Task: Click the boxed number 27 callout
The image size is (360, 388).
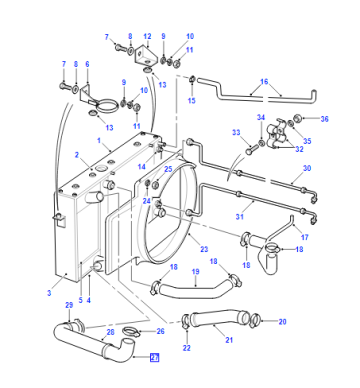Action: point(154,358)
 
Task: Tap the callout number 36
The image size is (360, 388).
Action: point(324,119)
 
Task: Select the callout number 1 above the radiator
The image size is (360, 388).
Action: point(99,141)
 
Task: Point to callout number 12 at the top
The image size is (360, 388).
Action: point(147,36)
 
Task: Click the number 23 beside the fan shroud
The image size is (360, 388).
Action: point(204,249)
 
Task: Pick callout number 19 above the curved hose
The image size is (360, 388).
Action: point(196,272)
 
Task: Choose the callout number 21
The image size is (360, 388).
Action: point(229,340)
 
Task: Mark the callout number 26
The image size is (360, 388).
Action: point(161,331)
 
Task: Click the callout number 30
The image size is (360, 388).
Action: point(307,168)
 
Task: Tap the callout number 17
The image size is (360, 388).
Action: point(305,237)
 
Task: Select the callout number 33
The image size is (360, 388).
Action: point(236,133)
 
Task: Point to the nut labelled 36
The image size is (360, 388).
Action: point(298,118)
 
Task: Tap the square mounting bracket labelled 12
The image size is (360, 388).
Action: point(145,54)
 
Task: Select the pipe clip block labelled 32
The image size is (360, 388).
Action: point(276,136)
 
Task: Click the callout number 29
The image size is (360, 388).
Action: point(69,305)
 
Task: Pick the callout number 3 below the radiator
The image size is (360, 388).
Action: point(49,293)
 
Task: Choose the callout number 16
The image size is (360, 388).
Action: point(264,82)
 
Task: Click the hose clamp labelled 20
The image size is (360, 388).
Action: point(255,320)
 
